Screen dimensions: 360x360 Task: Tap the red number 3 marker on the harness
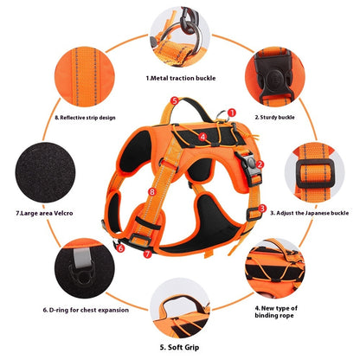(x=262, y=209)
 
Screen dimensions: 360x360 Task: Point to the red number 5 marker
(x=175, y=101)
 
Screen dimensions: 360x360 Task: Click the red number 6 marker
(x=120, y=247)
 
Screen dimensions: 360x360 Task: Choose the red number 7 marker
(x=147, y=254)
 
